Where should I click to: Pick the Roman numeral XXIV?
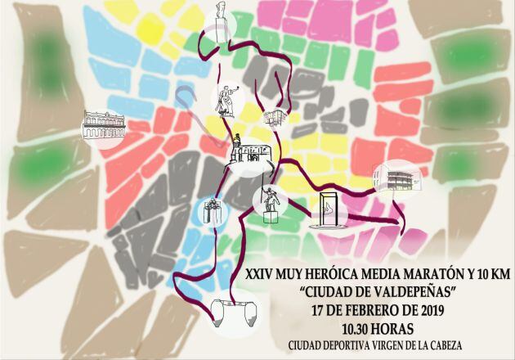coord(262,277)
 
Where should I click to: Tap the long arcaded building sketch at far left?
coord(102,125)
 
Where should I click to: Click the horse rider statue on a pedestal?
coord(270,201)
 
